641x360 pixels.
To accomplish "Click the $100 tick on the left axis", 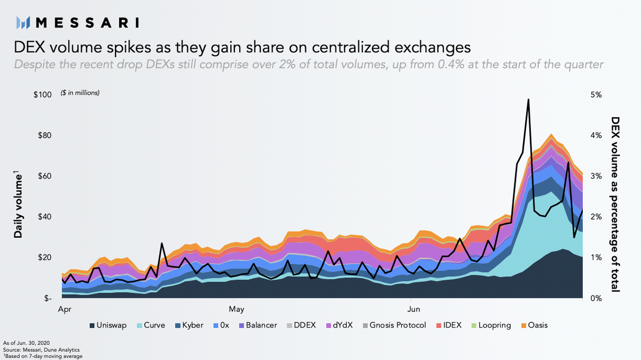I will coord(42,95).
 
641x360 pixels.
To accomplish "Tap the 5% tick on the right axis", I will coord(596,95).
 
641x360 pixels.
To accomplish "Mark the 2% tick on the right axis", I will coord(596,217).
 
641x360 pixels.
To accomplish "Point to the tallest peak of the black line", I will coord(528,99).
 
